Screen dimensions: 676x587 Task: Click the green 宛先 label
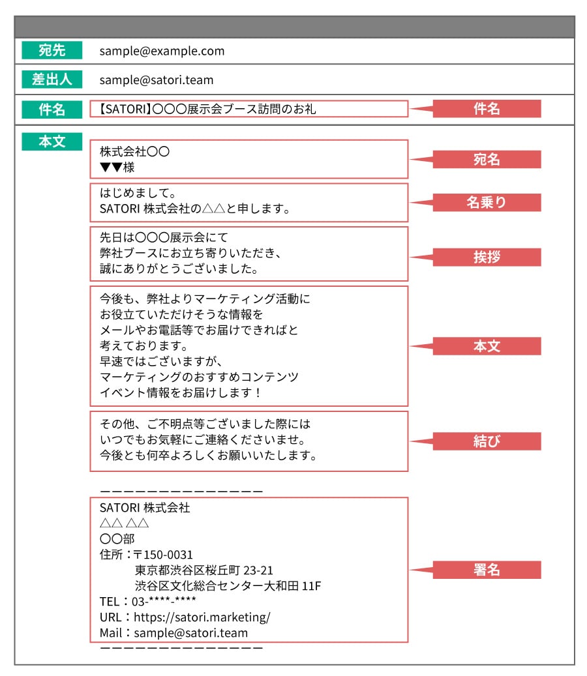52,50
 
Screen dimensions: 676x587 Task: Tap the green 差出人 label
52,80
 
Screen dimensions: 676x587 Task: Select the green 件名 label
52,109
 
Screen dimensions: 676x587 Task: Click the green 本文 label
52,141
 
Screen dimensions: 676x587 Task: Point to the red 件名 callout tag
487,109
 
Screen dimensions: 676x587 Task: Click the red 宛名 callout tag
487,160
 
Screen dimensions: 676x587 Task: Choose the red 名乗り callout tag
487,203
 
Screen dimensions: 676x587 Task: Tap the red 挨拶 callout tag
487,257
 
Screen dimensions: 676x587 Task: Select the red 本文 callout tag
487,346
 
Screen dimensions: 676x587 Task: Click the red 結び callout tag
487,441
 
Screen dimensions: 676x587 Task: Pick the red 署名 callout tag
487,570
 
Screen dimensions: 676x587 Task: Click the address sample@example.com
162,51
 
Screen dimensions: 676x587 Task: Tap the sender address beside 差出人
157,80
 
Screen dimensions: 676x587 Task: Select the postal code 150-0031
168,555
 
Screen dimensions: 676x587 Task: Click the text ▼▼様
117,168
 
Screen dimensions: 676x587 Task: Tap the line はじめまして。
138,194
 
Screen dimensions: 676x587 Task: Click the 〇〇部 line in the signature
117,538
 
